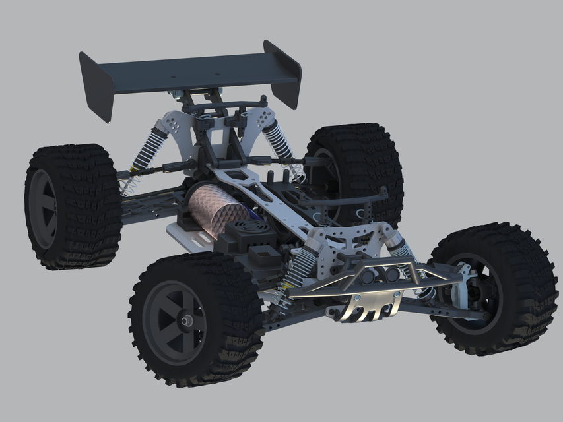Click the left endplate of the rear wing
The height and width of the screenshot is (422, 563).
[96, 86]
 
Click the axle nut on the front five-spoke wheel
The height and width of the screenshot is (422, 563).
[187, 320]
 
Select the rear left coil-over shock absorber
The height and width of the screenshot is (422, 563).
[149, 149]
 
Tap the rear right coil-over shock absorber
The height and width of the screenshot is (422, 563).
[281, 146]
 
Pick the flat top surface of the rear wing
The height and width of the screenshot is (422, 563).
[191, 69]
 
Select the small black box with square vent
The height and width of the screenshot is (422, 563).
[264, 254]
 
